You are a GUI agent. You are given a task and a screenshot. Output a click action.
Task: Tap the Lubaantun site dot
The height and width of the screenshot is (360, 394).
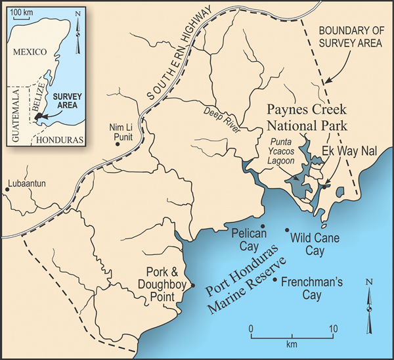tap(7, 190)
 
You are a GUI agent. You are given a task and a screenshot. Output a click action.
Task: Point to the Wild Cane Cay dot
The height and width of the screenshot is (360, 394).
tap(286, 230)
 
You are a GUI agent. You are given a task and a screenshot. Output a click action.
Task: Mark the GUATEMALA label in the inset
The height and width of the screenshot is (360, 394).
tap(16, 112)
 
